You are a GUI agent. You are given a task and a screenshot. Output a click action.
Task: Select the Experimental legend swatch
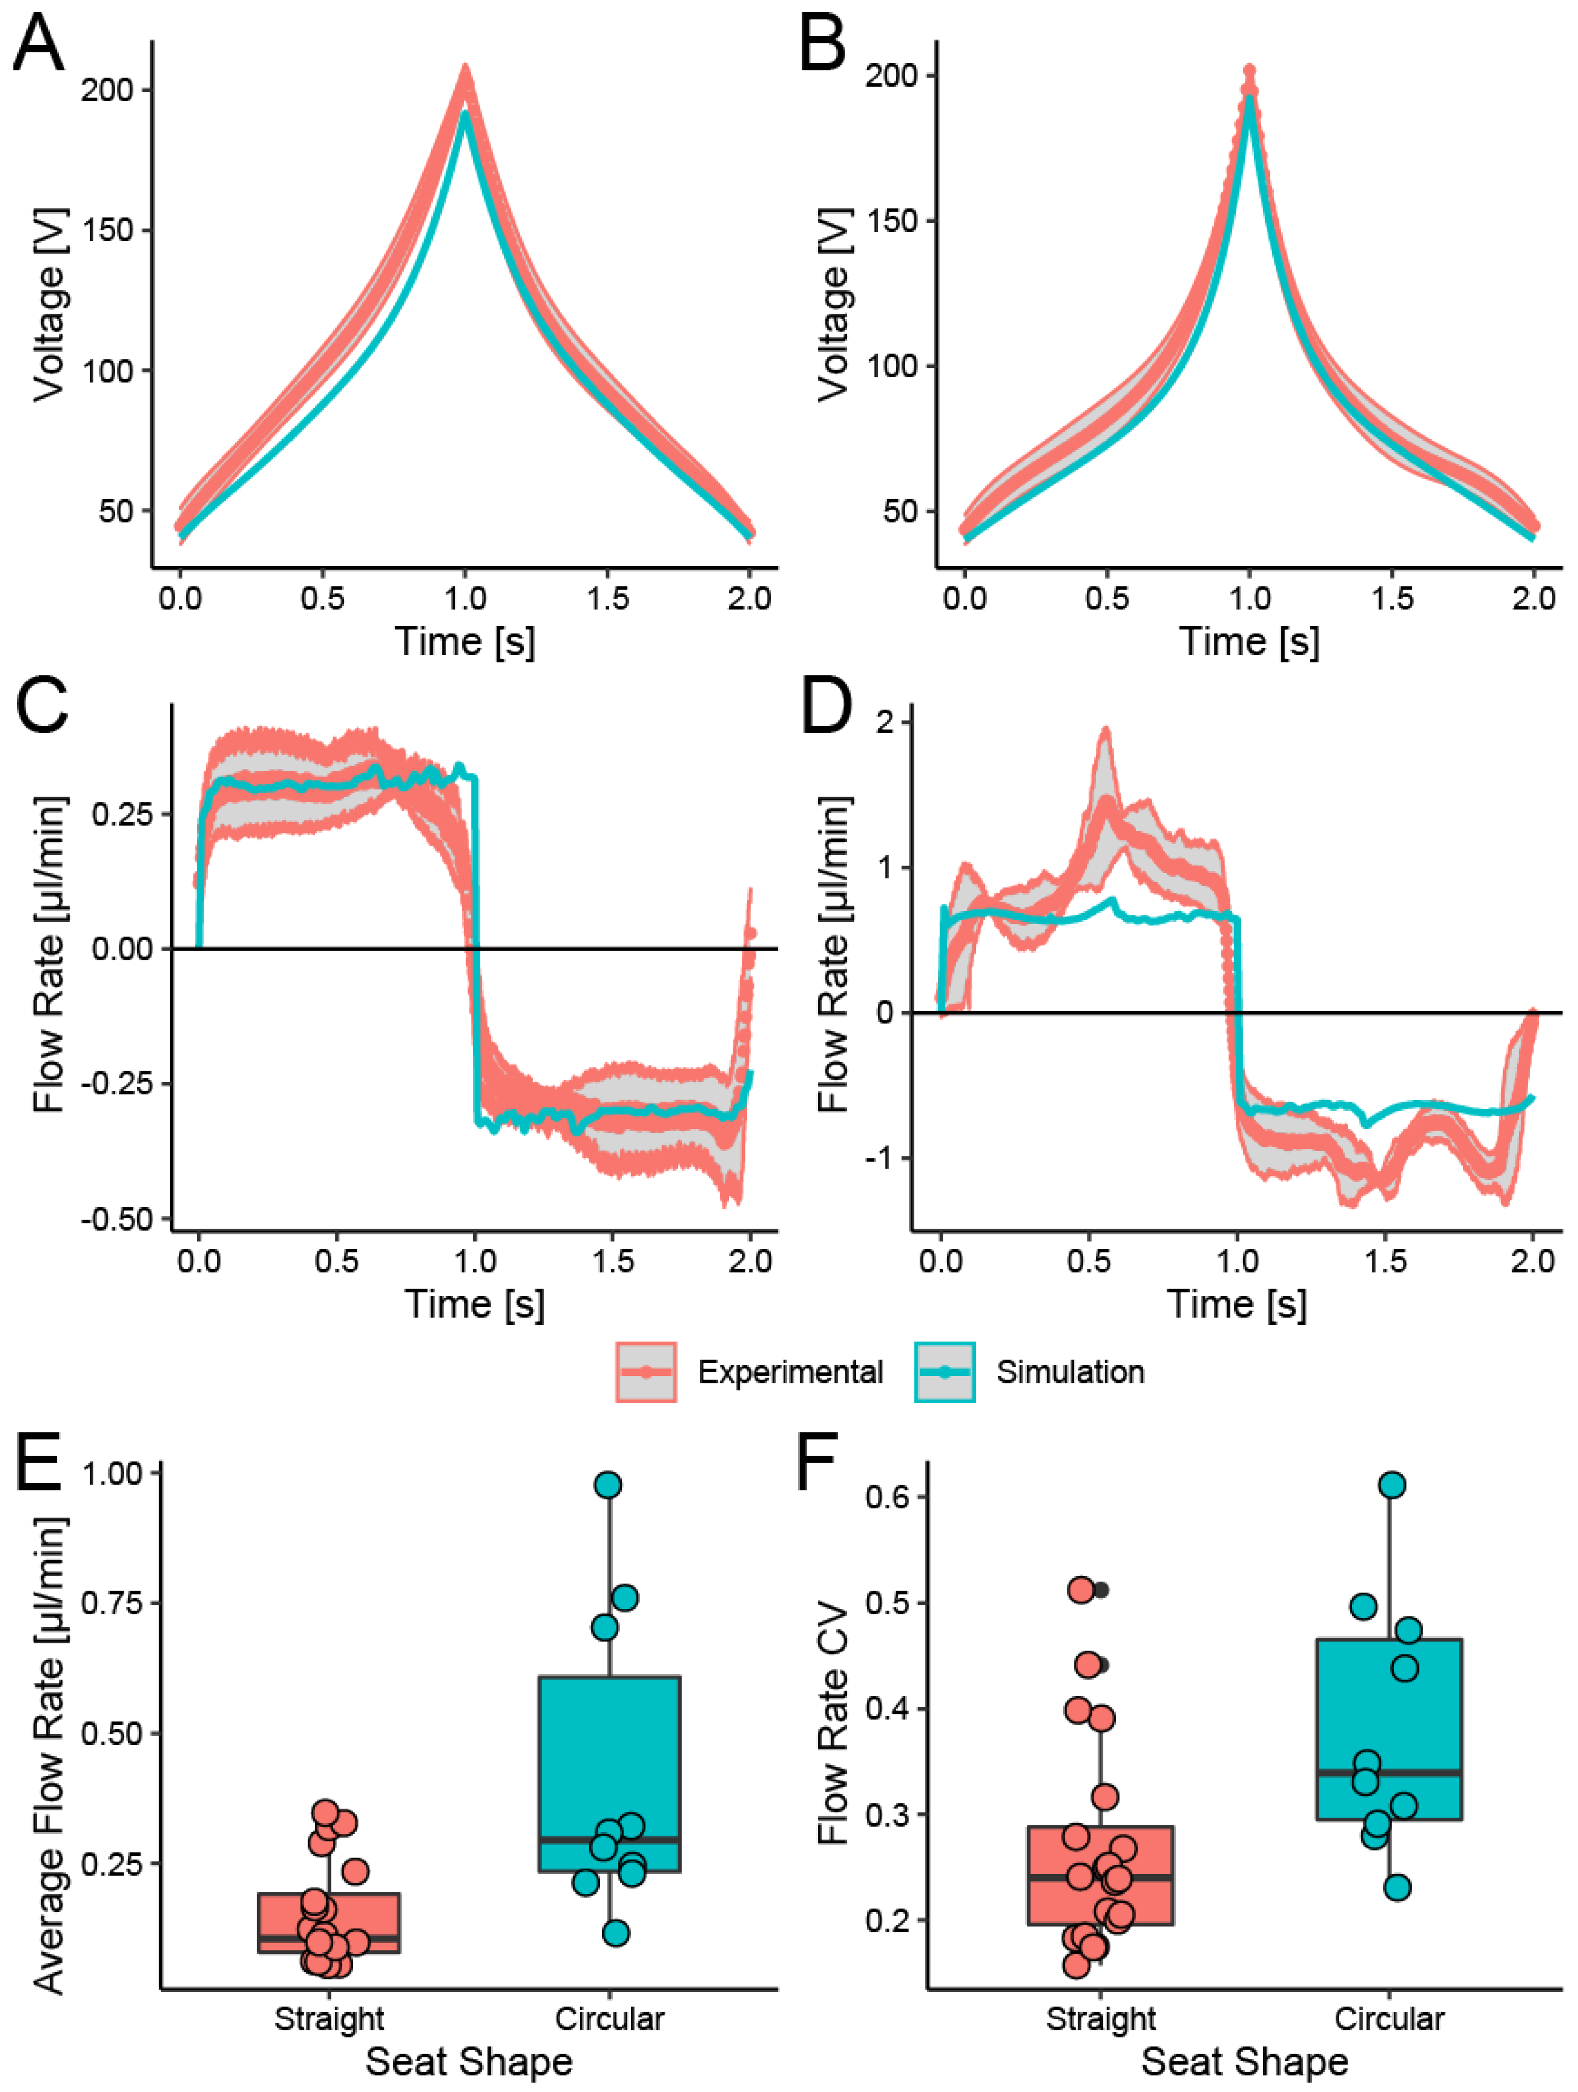[646, 1371]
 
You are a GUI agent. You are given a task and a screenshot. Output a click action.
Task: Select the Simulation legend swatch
[944, 1371]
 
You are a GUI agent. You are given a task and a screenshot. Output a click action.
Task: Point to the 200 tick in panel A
[107, 91]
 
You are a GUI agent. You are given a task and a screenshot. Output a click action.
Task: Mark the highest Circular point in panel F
[1392, 1485]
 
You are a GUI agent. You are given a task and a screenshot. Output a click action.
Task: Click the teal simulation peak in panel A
[464, 115]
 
